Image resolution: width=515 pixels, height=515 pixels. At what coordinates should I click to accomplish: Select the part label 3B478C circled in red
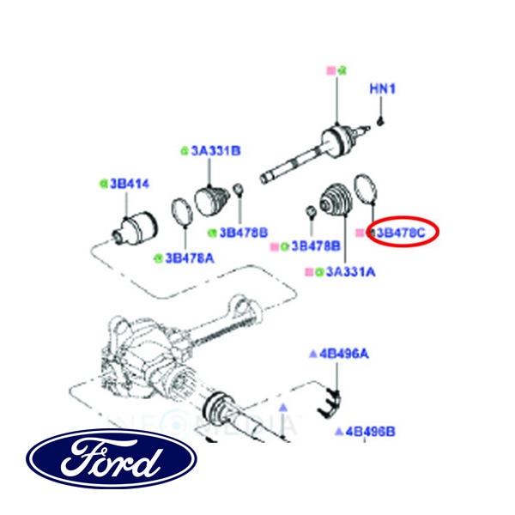tap(403, 233)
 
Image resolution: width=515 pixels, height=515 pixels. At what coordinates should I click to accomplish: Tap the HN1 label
tap(382, 88)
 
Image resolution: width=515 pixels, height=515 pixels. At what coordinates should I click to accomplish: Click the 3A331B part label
tap(215, 150)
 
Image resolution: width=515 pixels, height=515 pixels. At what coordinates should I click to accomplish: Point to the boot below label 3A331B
tap(211, 203)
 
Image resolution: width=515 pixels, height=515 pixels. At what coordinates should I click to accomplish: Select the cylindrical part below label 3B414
tap(132, 227)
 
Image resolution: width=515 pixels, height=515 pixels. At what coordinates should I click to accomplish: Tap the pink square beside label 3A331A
tap(307, 272)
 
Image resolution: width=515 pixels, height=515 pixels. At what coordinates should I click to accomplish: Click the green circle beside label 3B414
tap(102, 183)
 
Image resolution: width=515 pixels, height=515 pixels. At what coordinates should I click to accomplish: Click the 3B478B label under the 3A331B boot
tap(244, 232)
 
